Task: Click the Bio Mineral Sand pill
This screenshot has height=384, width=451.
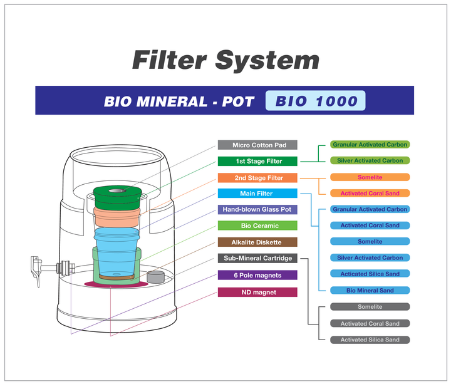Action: click(x=370, y=290)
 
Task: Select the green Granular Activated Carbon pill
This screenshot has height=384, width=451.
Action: click(x=370, y=145)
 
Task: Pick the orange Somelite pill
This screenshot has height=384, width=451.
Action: click(x=370, y=177)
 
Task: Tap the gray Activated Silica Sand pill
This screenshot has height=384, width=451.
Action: click(x=370, y=340)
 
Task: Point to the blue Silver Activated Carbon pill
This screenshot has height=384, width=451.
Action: click(x=370, y=257)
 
